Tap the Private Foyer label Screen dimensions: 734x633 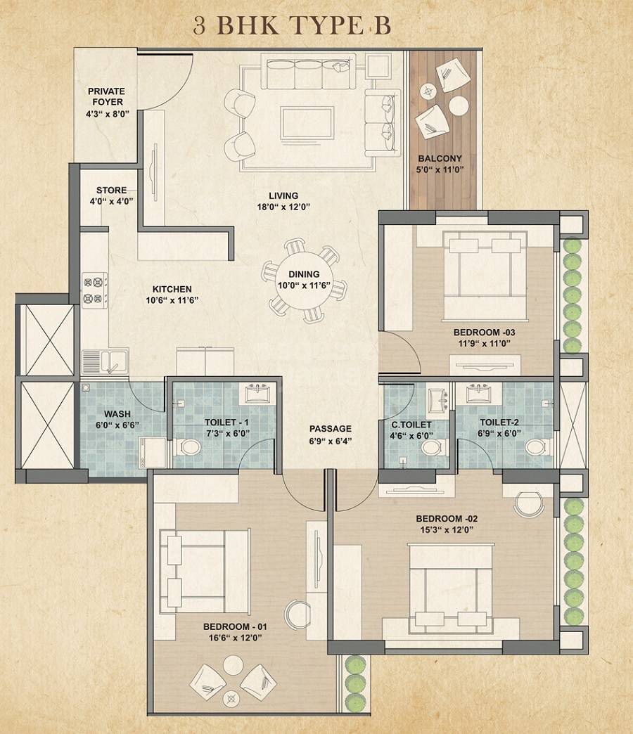pyautogui.click(x=106, y=96)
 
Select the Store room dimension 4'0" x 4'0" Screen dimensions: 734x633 pyautogui.click(x=112, y=201)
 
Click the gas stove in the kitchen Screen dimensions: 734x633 pyautogui.click(x=94, y=290)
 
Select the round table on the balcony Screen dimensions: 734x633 pyautogui.click(x=459, y=105)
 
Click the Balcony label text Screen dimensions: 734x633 pyautogui.click(x=440, y=159)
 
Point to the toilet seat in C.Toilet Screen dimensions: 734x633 pyautogui.click(x=433, y=446)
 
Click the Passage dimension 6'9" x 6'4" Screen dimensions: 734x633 pyautogui.click(x=330, y=441)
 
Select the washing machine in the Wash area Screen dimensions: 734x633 pyautogui.click(x=152, y=450)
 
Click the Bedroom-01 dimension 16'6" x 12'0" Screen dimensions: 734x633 pyautogui.click(x=235, y=638)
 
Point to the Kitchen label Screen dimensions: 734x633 pyautogui.click(x=172, y=289)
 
